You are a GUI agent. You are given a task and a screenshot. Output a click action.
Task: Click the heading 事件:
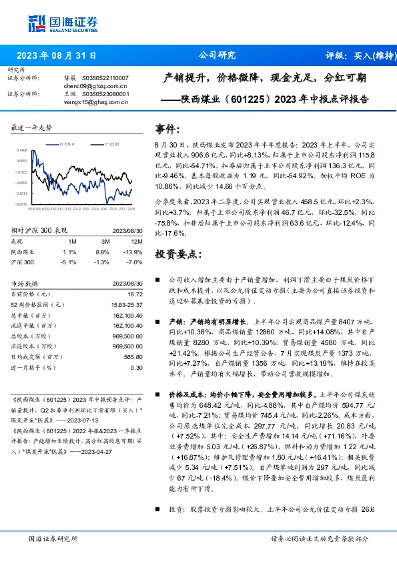point(167,128)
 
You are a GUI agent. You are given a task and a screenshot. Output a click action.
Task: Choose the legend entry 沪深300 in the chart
point(112,144)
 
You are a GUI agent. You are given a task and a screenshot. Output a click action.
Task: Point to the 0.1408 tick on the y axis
point(22,151)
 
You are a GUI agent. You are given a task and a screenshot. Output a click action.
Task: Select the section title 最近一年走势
point(32,127)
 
